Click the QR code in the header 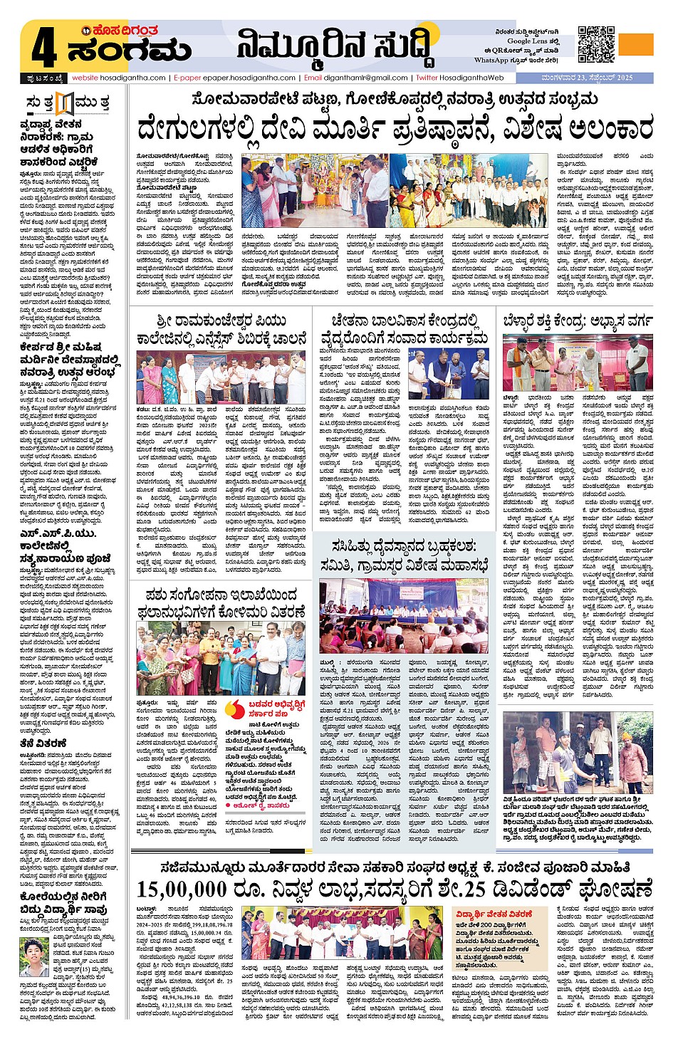tap(596, 44)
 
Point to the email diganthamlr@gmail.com tap(365, 78)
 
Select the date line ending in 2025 tap(586, 78)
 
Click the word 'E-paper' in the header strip tap(187, 78)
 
